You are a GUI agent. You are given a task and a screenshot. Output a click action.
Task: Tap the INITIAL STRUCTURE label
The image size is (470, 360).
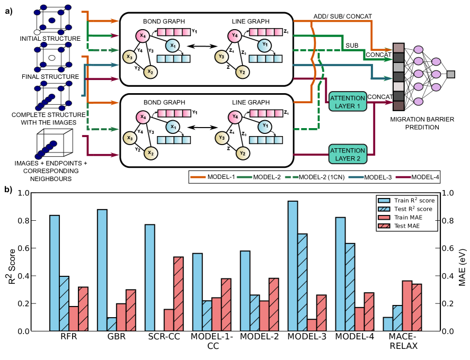click(x=50, y=39)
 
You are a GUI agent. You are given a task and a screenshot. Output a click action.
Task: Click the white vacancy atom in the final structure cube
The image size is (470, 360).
click(x=52, y=57)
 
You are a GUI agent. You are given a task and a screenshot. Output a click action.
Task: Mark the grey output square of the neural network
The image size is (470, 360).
click(x=451, y=74)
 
